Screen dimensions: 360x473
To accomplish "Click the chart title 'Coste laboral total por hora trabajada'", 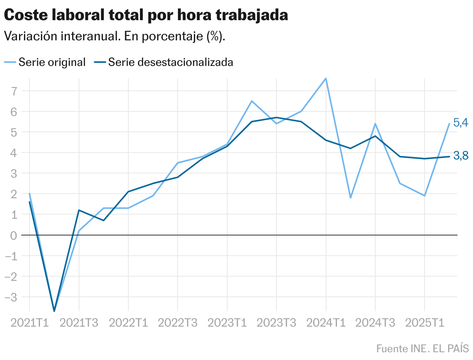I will [x=146, y=15].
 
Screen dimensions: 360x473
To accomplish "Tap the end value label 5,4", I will [x=461, y=123].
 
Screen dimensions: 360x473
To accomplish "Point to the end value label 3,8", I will [x=461, y=156].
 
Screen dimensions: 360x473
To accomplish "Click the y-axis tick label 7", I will [x=14, y=91].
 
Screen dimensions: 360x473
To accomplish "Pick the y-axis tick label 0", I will [x=14, y=235].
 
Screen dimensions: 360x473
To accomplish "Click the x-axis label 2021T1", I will [x=30, y=323].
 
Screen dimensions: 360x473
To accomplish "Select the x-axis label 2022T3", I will [x=178, y=323].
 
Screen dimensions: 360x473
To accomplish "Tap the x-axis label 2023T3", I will [x=276, y=323].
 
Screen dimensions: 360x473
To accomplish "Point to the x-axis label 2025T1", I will [x=425, y=323].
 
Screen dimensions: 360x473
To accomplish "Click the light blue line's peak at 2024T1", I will [x=326, y=78].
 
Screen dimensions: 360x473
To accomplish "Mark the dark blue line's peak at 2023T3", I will [x=276, y=118].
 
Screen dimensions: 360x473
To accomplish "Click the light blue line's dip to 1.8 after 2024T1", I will [x=350, y=198].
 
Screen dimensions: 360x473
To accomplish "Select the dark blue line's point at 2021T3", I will [x=79, y=210].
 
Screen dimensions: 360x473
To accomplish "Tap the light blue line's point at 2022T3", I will [x=178, y=163].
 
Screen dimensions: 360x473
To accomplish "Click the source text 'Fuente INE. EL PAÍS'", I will [x=422, y=348].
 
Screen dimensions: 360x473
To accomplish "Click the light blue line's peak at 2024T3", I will [x=375, y=124].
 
